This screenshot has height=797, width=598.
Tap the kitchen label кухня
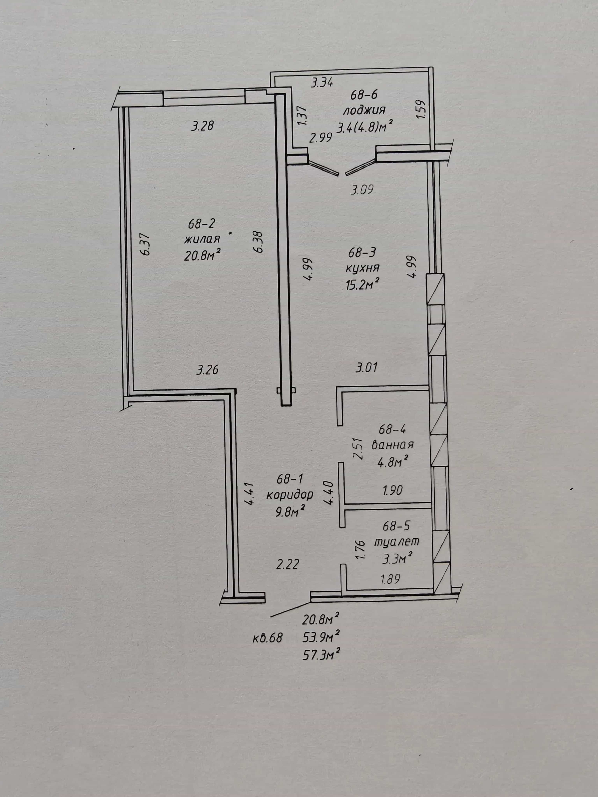[x=362, y=268]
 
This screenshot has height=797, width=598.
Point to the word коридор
[x=290, y=495]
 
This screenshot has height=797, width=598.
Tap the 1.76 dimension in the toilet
[x=361, y=549]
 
